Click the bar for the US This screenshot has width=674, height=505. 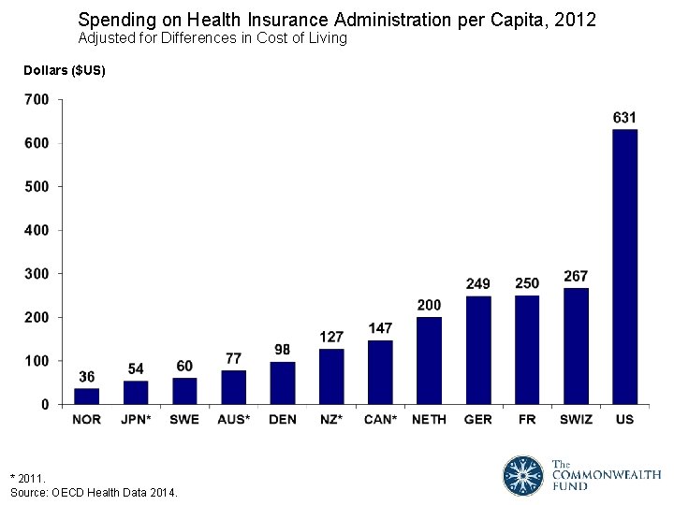pyautogui.click(x=624, y=267)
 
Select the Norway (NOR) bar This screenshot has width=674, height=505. pyautogui.click(x=87, y=397)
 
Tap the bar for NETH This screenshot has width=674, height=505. pyautogui.click(x=429, y=361)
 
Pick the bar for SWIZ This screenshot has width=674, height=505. pyautogui.click(x=576, y=346)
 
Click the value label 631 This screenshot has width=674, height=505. pyautogui.click(x=624, y=118)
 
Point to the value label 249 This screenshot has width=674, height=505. pyautogui.click(x=478, y=283)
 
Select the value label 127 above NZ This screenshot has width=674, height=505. pyautogui.click(x=331, y=337)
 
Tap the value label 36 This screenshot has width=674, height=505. pyautogui.click(x=87, y=376)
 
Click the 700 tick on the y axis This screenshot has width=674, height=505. pyautogui.click(x=37, y=99)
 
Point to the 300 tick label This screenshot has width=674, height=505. pyautogui.click(x=37, y=274)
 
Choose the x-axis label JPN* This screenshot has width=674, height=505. pyautogui.click(x=136, y=419)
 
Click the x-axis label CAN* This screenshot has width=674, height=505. pyautogui.click(x=380, y=419)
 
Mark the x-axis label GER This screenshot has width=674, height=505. pyautogui.click(x=478, y=419)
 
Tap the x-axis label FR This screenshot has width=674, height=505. pyautogui.click(x=527, y=419)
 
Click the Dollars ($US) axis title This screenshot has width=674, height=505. pyautogui.click(x=58, y=71)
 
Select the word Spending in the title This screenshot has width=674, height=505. pyautogui.click(x=110, y=19)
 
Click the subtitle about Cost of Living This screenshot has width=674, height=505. pyautogui.click(x=212, y=38)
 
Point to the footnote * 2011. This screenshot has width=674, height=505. pyautogui.click(x=26, y=477)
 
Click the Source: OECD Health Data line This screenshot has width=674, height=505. pyautogui.click(x=94, y=492)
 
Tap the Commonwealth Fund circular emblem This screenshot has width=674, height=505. pyautogui.click(x=522, y=475)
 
